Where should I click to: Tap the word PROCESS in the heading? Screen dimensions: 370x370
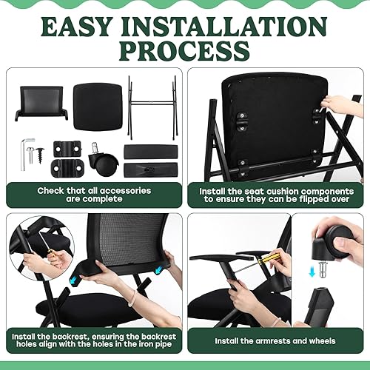185,50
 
